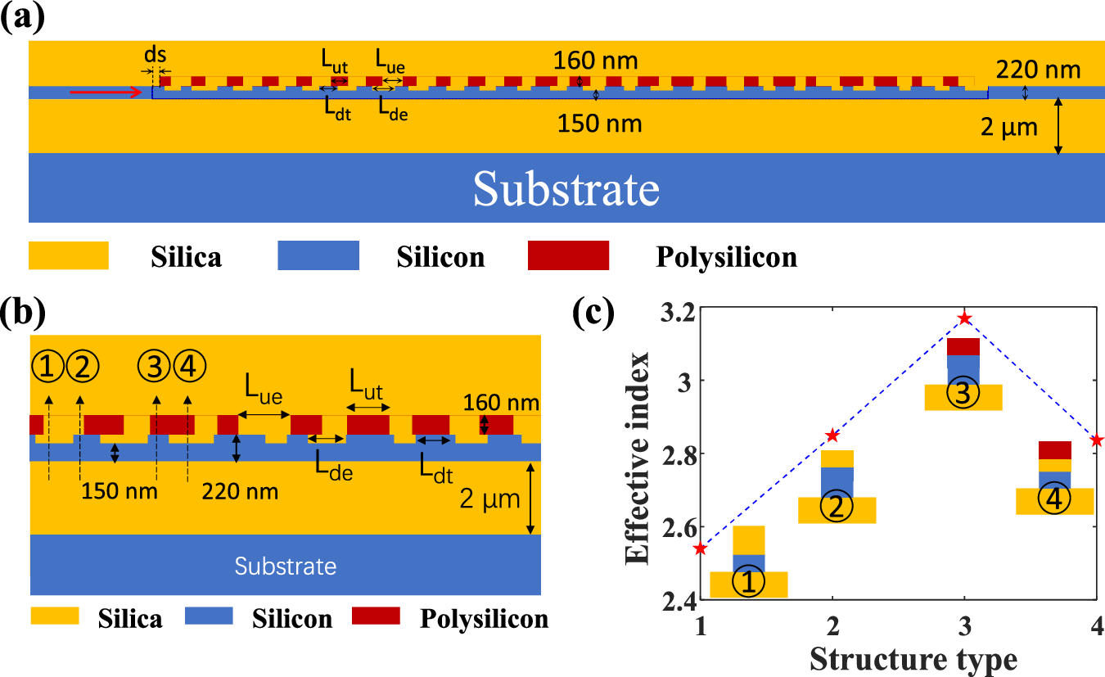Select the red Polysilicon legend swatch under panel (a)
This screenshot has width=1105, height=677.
point(568,255)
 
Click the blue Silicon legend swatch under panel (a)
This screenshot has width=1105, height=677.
point(318,255)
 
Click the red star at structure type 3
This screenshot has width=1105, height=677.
point(965,318)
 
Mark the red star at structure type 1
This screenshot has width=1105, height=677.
point(700,548)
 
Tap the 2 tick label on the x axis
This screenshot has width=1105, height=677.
point(832,628)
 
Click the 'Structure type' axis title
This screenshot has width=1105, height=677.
point(913,658)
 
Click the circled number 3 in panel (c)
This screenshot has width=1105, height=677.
point(963,394)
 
